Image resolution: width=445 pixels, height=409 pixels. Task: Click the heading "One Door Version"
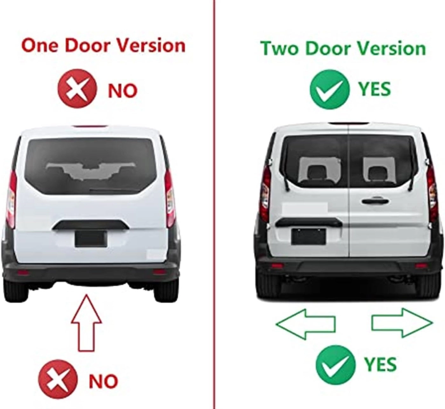coord(103,46)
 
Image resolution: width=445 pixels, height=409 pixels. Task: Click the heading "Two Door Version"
coord(343,48)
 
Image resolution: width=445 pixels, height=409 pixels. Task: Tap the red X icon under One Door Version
coord(78,88)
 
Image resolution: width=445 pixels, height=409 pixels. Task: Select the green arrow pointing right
coord(402,323)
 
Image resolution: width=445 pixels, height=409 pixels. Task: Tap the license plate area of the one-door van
coord(91,239)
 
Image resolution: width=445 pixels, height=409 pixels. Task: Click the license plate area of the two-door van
coord(309,237)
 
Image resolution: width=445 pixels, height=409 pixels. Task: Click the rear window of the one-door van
coord(91,167)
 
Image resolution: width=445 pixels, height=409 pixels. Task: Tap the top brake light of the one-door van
coord(91,126)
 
